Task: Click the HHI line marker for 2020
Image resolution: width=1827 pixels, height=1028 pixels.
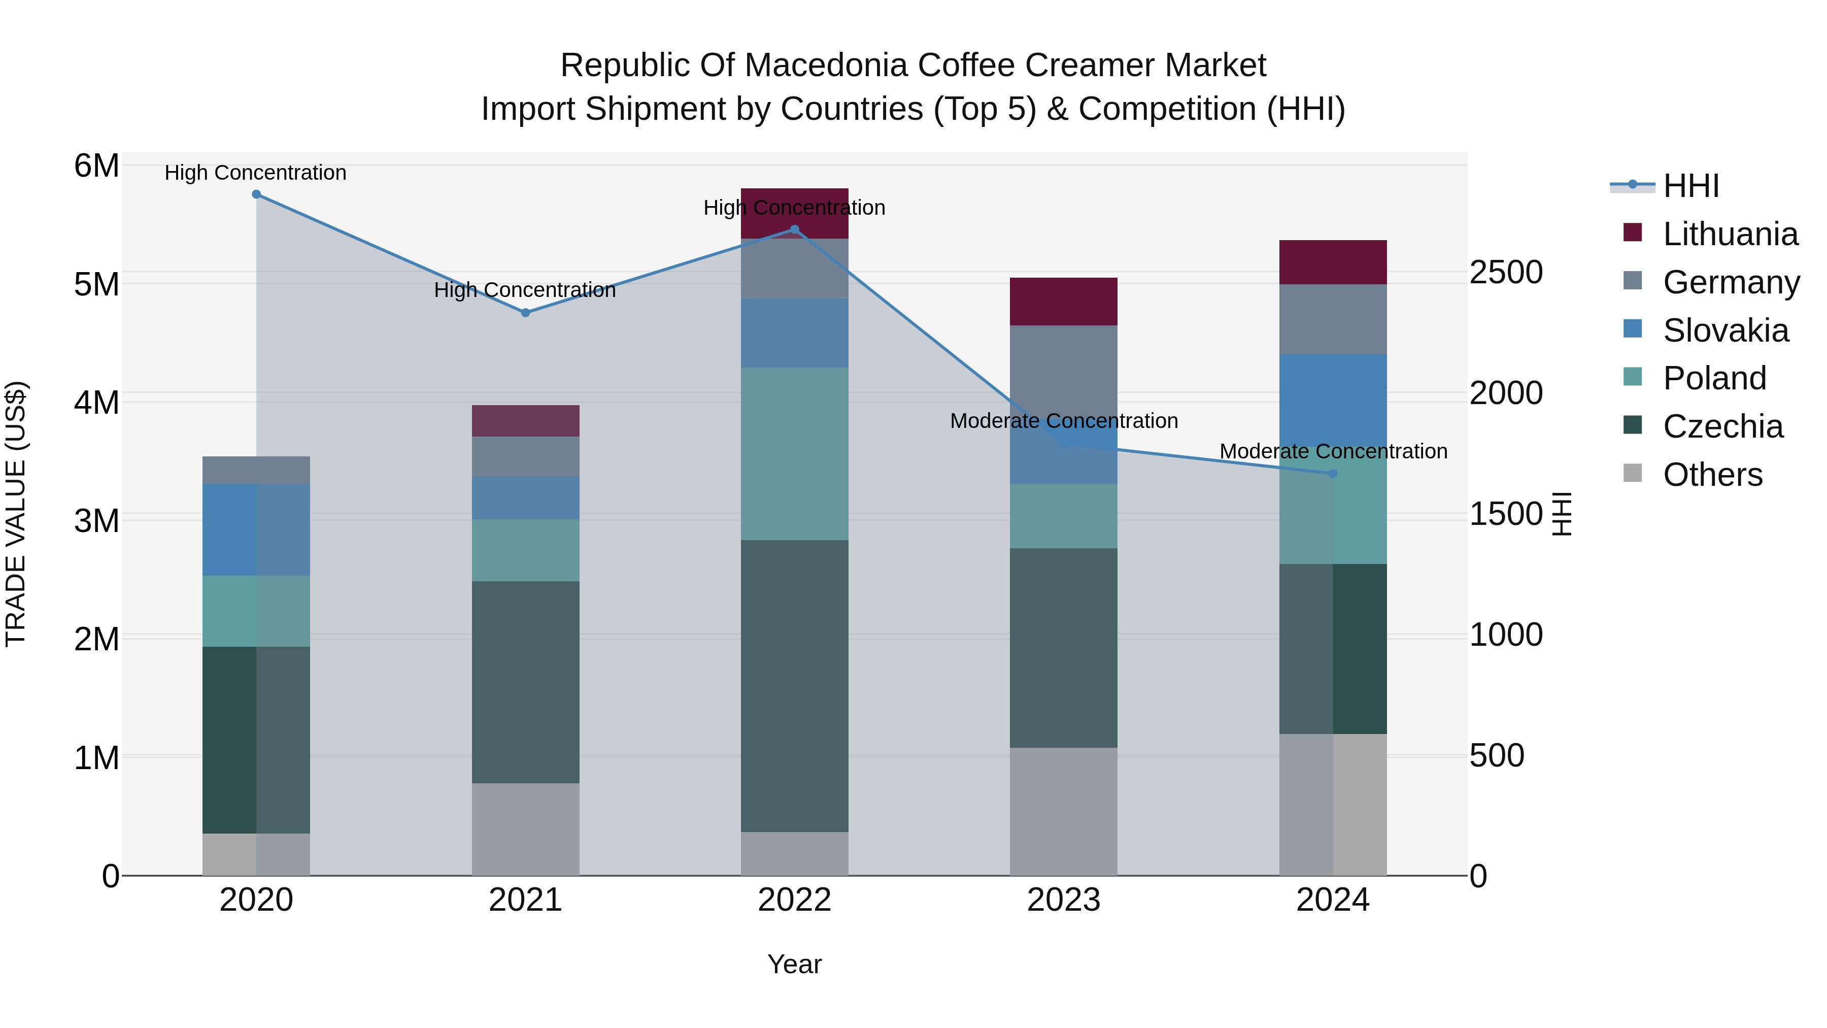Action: click(256, 194)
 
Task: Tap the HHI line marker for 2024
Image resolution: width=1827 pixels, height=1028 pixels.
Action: click(1333, 473)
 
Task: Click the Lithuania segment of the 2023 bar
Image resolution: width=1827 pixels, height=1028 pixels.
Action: click(1063, 302)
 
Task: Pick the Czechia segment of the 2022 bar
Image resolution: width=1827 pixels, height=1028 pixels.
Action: click(794, 685)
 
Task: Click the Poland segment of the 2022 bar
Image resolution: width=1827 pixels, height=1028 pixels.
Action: click(794, 454)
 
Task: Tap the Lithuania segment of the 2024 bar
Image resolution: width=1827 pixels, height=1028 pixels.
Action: click(1333, 262)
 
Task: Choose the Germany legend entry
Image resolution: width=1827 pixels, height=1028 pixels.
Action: click(1731, 282)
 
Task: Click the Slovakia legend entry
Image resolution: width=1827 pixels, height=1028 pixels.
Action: click(1725, 330)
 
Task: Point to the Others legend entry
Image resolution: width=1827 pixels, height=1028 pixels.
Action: click(1712, 475)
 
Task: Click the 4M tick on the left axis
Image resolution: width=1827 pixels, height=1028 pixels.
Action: click(96, 402)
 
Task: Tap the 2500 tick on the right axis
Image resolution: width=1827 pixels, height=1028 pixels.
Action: click(1506, 273)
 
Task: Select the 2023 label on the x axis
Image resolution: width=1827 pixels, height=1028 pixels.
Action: click(1063, 900)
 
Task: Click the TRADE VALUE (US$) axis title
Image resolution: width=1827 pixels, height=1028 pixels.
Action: click(16, 514)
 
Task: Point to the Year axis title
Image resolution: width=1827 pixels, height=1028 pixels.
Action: click(794, 964)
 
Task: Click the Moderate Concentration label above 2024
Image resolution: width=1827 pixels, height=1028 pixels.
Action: click(1333, 451)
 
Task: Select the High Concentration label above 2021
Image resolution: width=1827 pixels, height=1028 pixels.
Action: click(525, 290)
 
